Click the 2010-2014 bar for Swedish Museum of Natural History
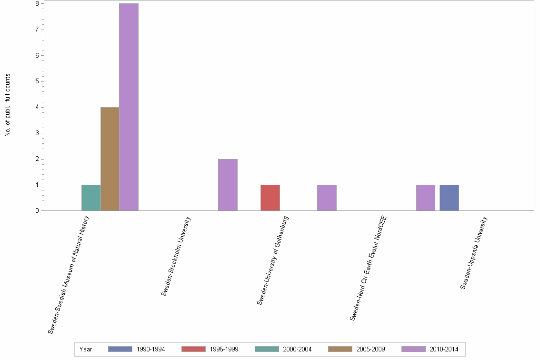pyautogui.click(x=129, y=107)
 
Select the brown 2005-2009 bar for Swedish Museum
pyautogui.click(x=110, y=159)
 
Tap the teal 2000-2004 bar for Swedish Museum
pyautogui.click(x=91, y=198)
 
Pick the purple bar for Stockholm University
pyautogui.click(x=228, y=185)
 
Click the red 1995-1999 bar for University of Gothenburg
pyautogui.click(x=270, y=198)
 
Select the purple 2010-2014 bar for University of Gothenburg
pyautogui.click(x=327, y=198)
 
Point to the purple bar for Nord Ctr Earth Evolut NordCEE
pyautogui.click(x=425, y=198)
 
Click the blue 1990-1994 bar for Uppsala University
pyautogui.click(x=449, y=198)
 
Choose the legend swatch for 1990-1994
pyautogui.click(x=120, y=349)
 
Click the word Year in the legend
pyautogui.click(x=86, y=349)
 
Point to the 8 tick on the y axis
pyautogui.click(x=37, y=4)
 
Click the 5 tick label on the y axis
pyautogui.click(x=37, y=81)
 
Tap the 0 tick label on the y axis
pyautogui.click(x=37, y=211)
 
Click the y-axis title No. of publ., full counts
pyautogui.click(x=8, y=105)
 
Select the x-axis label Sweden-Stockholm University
pyautogui.click(x=176, y=256)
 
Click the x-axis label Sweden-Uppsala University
pyautogui.click(x=474, y=253)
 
